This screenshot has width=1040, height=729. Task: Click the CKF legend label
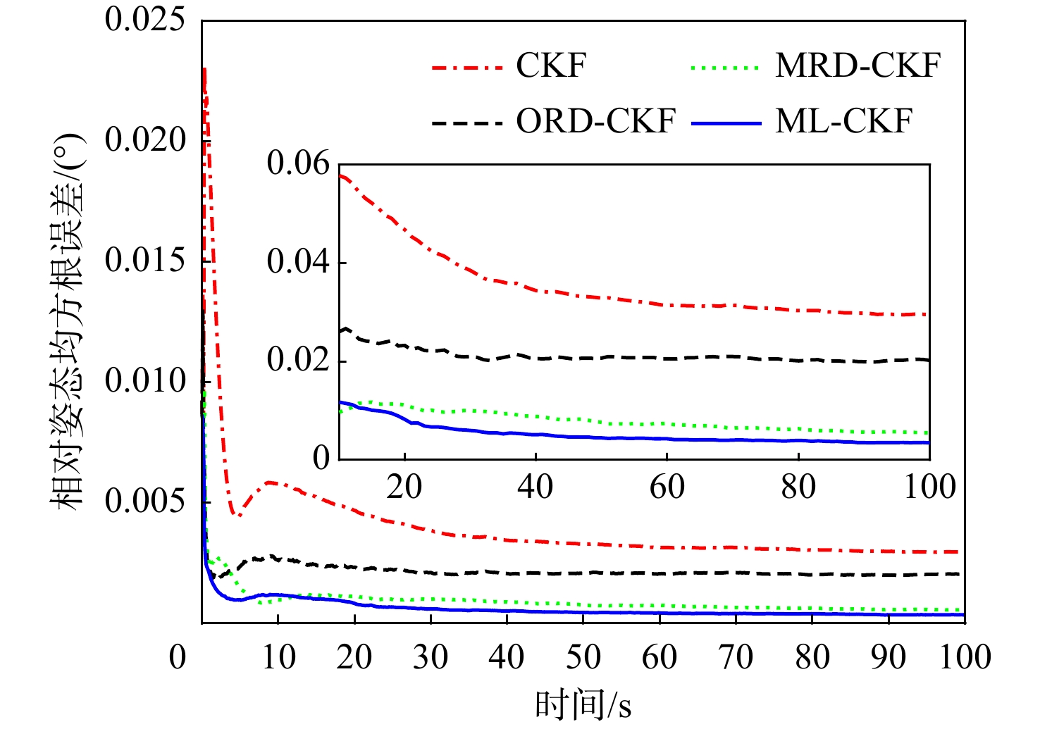551,66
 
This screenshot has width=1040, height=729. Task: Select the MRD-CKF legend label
858,66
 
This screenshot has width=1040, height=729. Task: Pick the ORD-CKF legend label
595,121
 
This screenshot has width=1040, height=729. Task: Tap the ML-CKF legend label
843,121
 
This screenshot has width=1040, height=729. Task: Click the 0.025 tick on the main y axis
144,20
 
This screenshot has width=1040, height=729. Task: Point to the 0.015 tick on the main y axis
144,261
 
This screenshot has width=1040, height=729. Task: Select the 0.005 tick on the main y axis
144,501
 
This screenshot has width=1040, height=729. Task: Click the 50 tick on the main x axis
583,657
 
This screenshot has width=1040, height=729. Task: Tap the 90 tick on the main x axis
888,657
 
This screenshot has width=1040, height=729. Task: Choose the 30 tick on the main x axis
431,657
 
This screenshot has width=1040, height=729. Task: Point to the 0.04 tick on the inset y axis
298,262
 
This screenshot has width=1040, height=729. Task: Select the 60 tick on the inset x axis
667,487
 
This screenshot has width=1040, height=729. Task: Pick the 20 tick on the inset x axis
404,487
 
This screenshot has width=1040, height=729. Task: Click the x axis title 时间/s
583,705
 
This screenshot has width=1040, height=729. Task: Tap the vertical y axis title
68,320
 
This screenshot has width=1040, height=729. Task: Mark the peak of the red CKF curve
204,69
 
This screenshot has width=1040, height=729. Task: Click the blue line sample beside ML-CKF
726,123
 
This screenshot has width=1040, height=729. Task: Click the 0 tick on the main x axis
178,657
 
